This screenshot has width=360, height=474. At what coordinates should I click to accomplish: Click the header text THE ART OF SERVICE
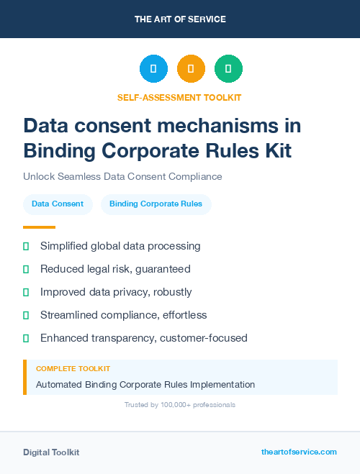[x=179, y=19]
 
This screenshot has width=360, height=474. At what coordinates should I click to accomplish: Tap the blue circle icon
[x=153, y=68]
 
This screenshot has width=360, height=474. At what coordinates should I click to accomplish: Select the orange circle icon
[x=191, y=68]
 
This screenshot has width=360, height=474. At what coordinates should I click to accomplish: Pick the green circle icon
[x=228, y=68]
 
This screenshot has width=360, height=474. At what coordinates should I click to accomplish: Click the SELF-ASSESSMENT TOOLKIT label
[x=179, y=97]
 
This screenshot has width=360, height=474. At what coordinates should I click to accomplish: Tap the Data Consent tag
[x=58, y=204]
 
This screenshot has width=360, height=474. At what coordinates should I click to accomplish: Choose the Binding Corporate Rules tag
[x=156, y=204]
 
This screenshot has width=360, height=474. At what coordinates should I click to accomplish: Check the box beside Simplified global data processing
[x=26, y=246]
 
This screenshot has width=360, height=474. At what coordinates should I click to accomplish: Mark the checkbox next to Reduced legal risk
[x=26, y=269]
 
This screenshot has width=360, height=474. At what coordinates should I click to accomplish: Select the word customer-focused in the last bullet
[x=204, y=338]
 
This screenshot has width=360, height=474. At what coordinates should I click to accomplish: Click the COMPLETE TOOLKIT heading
[x=73, y=368]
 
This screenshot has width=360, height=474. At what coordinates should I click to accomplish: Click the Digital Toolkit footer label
[x=51, y=452]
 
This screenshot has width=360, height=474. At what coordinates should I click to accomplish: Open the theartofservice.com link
[x=299, y=452]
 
